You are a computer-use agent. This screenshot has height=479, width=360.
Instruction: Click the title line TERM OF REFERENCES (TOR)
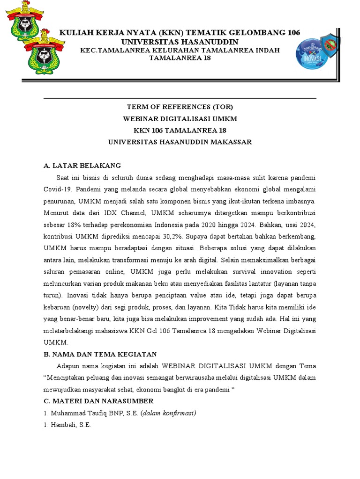180,107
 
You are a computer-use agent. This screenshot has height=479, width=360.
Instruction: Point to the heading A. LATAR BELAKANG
82,166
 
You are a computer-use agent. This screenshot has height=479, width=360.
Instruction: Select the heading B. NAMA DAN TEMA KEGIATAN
100,354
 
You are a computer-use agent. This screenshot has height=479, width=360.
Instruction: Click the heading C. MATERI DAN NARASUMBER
98,401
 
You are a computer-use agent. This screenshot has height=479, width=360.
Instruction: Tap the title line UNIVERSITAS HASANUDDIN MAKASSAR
180,142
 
